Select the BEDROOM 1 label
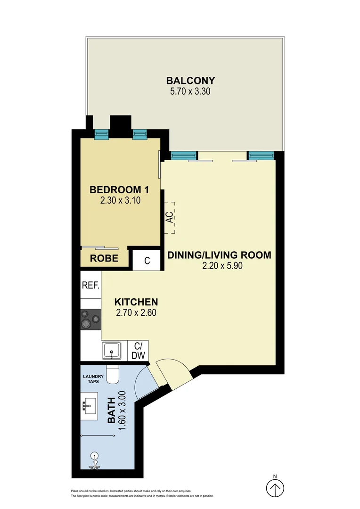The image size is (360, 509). point(119,190)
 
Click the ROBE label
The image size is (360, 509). point(104,258)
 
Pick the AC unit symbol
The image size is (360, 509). point(169,217)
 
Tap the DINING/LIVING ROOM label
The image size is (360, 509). point(220,255)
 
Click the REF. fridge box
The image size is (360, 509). point(90,285)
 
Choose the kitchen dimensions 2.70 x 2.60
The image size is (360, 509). point(136,312)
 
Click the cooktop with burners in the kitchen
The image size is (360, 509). point(90,319)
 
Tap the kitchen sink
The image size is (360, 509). point(112,350)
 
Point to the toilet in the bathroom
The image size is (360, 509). point(114,374)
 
